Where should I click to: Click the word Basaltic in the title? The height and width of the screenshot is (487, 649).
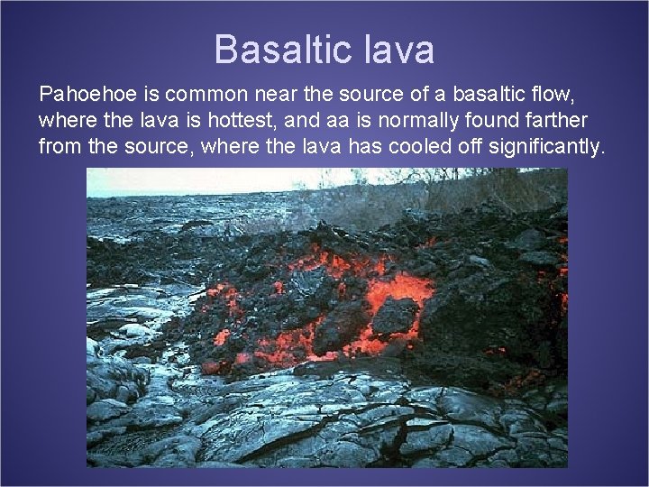click(x=276, y=50)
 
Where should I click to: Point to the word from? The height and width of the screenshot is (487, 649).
click(x=59, y=146)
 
